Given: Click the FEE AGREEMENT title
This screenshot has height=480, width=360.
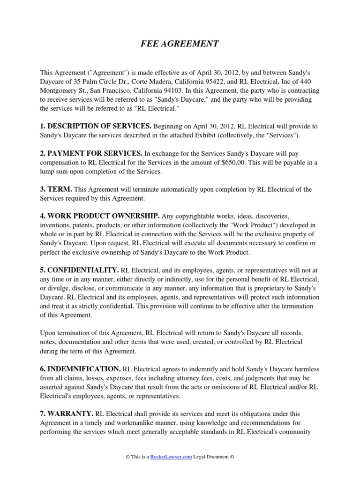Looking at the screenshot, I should pyautogui.click(x=180, y=44).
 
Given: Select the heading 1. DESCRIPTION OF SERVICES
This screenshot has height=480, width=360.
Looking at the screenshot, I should pyautogui.click(x=96, y=126).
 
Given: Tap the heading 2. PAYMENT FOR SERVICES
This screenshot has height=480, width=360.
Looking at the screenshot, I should pyautogui.click(x=91, y=153).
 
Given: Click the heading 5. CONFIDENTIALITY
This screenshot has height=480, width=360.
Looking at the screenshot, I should pyautogui.click(x=79, y=270).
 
